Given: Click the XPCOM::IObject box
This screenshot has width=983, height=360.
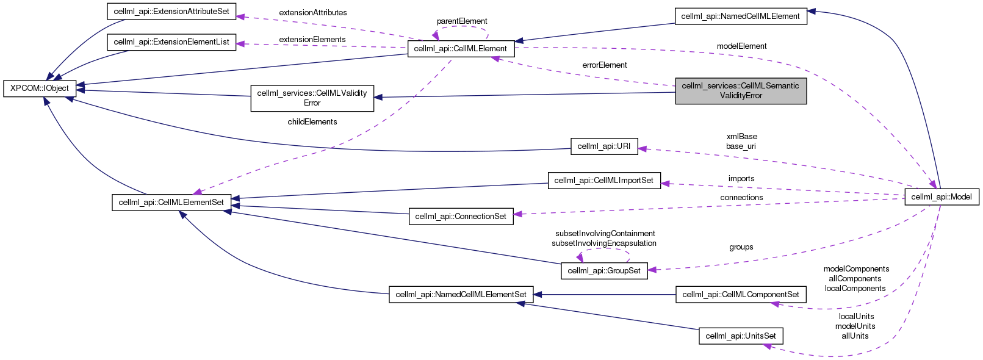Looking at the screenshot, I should (40, 88).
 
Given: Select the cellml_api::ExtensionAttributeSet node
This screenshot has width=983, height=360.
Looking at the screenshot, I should (171, 12).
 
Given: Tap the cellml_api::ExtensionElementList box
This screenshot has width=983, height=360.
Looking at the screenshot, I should (171, 42).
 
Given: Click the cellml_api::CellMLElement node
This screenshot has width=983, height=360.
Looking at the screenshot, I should (461, 49).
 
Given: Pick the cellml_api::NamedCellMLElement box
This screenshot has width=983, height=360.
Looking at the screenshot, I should (740, 16).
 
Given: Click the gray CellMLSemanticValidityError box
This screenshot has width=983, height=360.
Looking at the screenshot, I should (740, 91).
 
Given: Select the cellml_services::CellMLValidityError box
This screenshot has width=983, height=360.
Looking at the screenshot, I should (312, 98).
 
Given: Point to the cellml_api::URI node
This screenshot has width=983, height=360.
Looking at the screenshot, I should (603, 146).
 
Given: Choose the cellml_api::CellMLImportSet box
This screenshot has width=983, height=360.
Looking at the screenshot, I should (604, 181).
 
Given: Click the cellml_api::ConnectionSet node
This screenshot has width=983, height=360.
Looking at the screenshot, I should (461, 217).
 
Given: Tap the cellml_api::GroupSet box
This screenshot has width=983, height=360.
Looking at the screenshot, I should (604, 271).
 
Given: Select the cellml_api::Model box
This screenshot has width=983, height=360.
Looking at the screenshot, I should (941, 197).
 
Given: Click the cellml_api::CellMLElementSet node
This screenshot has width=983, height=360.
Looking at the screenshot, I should (171, 203).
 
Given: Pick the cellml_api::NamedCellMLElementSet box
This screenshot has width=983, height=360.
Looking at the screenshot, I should (461, 295).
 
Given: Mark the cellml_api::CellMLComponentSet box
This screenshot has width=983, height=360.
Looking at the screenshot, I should (740, 295).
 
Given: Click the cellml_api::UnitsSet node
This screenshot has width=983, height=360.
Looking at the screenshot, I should (740, 336).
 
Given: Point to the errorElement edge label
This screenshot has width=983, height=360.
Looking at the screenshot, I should (604, 65).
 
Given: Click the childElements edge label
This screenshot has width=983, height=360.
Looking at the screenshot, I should (312, 122).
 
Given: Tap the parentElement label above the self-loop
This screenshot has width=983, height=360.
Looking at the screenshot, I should (461, 21).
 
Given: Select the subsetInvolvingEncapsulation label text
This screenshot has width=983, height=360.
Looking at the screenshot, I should (604, 243).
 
